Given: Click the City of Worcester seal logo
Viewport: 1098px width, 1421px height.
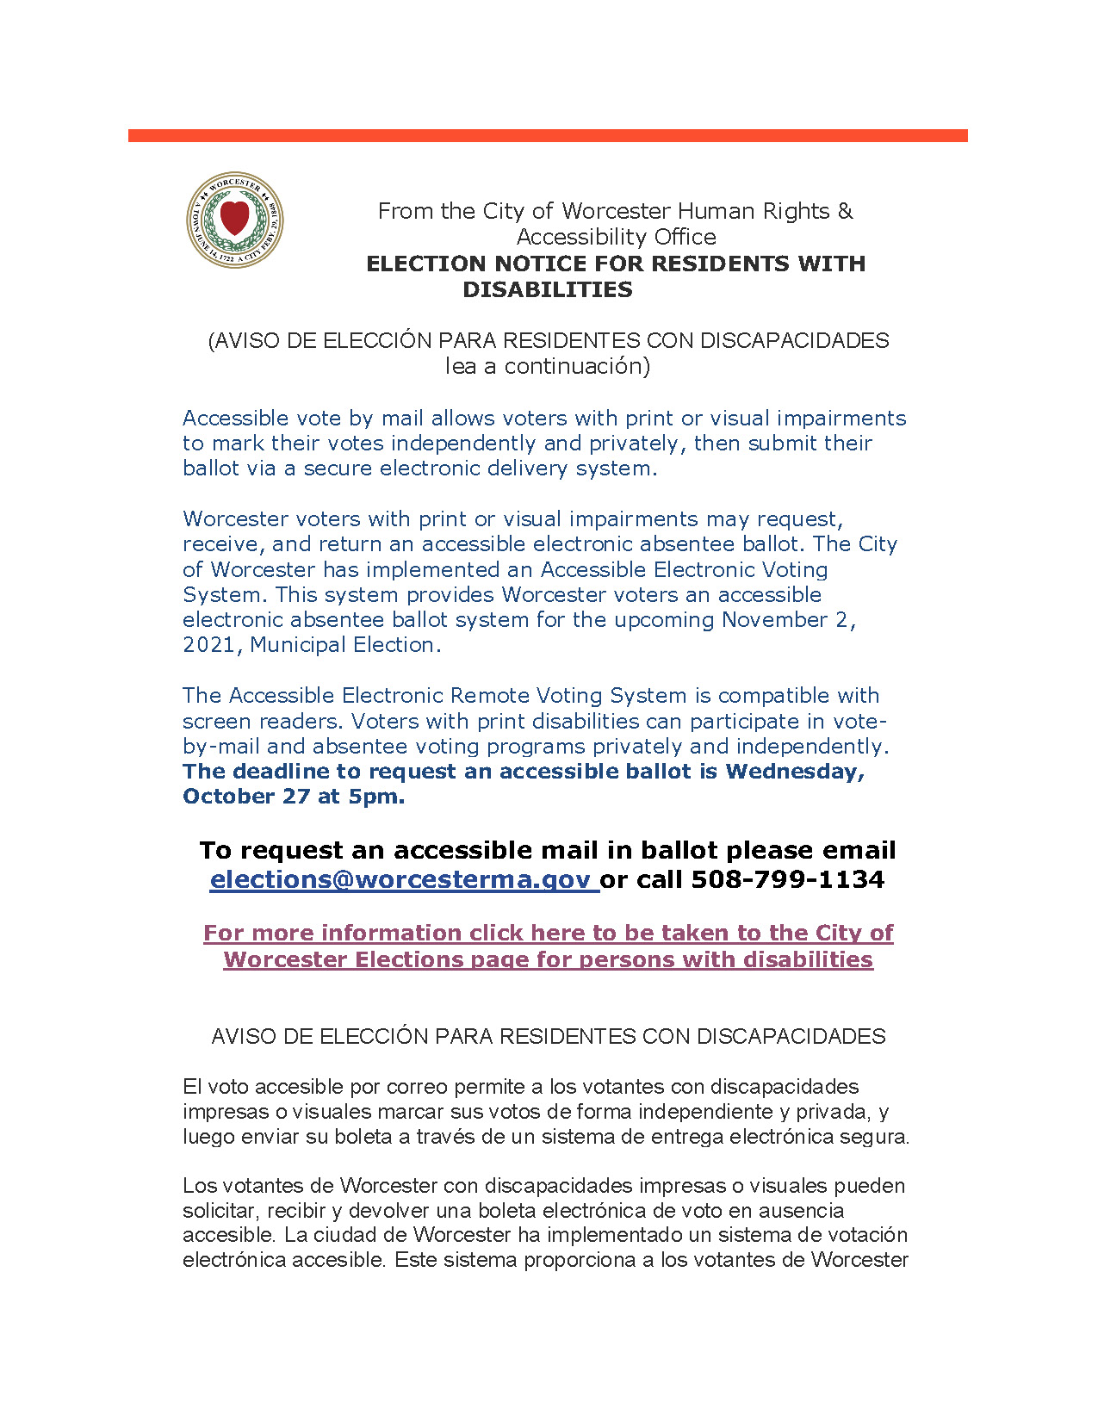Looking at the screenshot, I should [234, 219].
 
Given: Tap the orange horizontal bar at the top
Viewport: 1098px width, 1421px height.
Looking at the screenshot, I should [548, 135].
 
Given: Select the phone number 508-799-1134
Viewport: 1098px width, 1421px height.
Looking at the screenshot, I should [787, 879].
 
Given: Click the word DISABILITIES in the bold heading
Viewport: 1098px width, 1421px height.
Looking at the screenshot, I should [547, 290].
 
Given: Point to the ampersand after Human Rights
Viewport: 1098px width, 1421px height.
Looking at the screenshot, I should [845, 211].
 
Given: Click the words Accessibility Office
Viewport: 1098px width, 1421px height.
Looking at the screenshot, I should [616, 237].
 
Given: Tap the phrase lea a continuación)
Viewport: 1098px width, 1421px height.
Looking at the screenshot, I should [547, 366].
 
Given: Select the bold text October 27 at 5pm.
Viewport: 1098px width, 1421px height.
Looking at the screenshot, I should [294, 797].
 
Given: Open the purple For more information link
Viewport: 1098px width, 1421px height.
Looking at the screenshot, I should [548, 946].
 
